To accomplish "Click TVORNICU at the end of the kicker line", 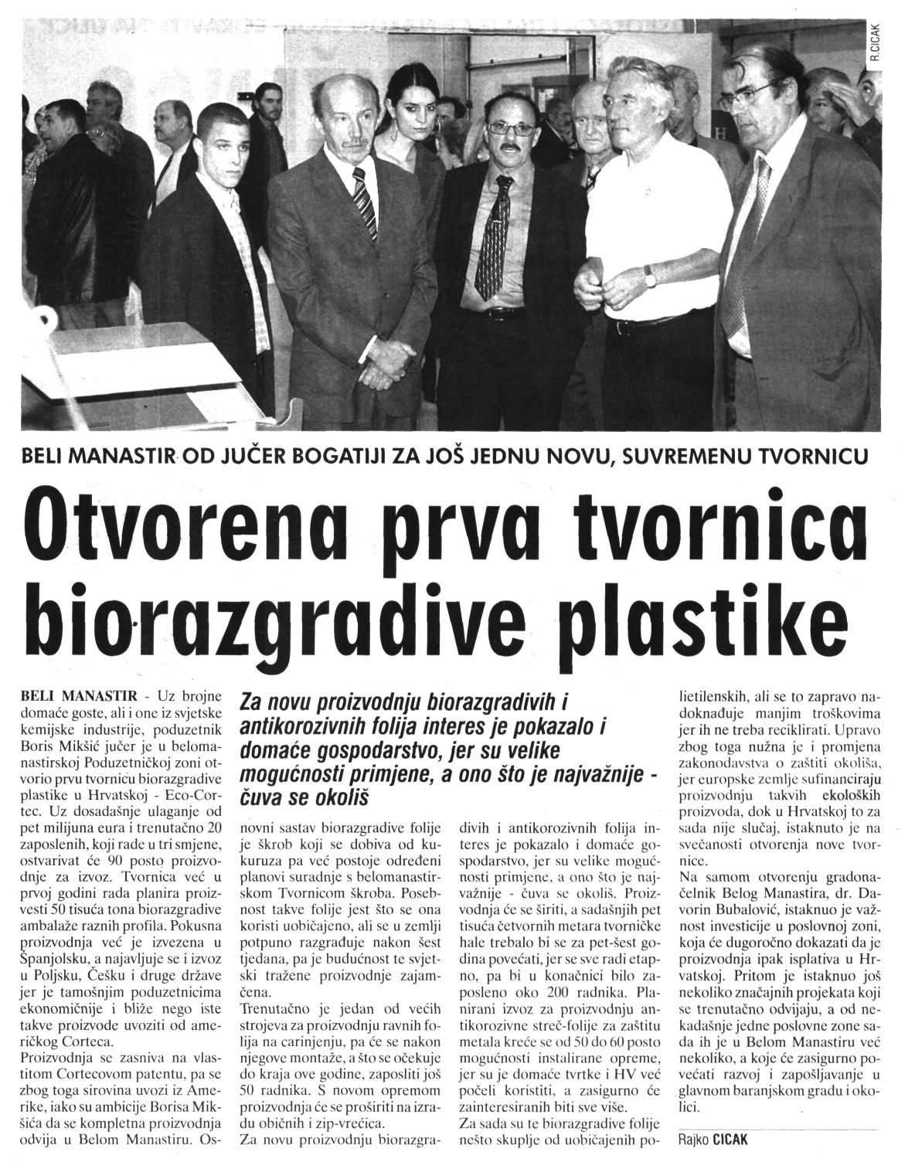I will coord(818,456).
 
